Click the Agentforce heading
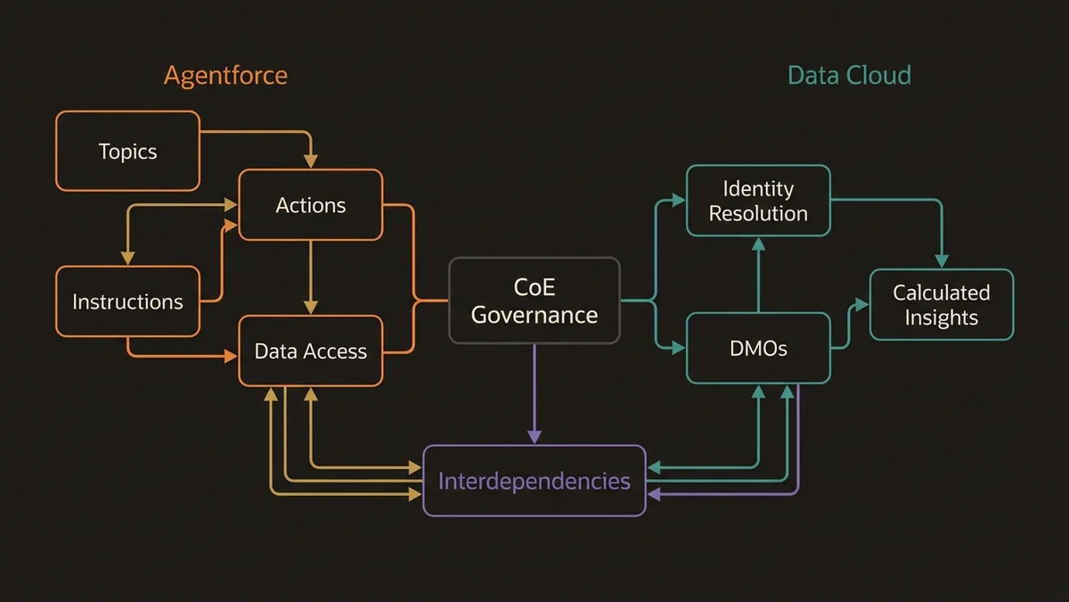(x=225, y=75)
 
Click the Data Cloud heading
(x=849, y=75)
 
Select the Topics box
(x=127, y=151)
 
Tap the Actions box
(x=310, y=205)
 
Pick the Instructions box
(x=127, y=301)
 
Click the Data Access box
(x=310, y=350)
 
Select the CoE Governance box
(x=534, y=301)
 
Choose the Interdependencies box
(x=534, y=481)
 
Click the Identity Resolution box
(x=758, y=201)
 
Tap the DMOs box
(x=758, y=348)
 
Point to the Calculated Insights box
(x=942, y=304)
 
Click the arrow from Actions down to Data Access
(x=310, y=276)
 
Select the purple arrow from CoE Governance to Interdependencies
(x=534, y=392)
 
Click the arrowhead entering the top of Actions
(x=310, y=161)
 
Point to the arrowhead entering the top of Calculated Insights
(x=942, y=260)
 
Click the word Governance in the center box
(x=534, y=315)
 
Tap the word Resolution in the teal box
(x=758, y=214)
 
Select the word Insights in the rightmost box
(x=942, y=317)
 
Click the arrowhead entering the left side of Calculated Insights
(x=861, y=304)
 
